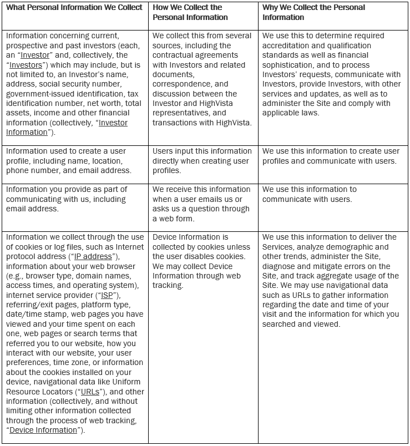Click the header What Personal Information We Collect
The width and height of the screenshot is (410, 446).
[74, 8]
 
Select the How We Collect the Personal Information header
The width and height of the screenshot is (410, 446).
[187, 12]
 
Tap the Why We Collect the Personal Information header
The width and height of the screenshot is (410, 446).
[313, 12]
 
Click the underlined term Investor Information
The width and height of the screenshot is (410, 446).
[67, 127]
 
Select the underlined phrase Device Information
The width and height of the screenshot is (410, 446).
[43, 430]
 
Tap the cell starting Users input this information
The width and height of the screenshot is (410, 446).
[202, 160]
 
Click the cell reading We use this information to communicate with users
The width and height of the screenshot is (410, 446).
[309, 194]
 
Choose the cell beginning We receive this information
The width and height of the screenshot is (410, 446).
[202, 204]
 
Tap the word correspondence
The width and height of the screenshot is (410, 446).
[182, 84]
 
